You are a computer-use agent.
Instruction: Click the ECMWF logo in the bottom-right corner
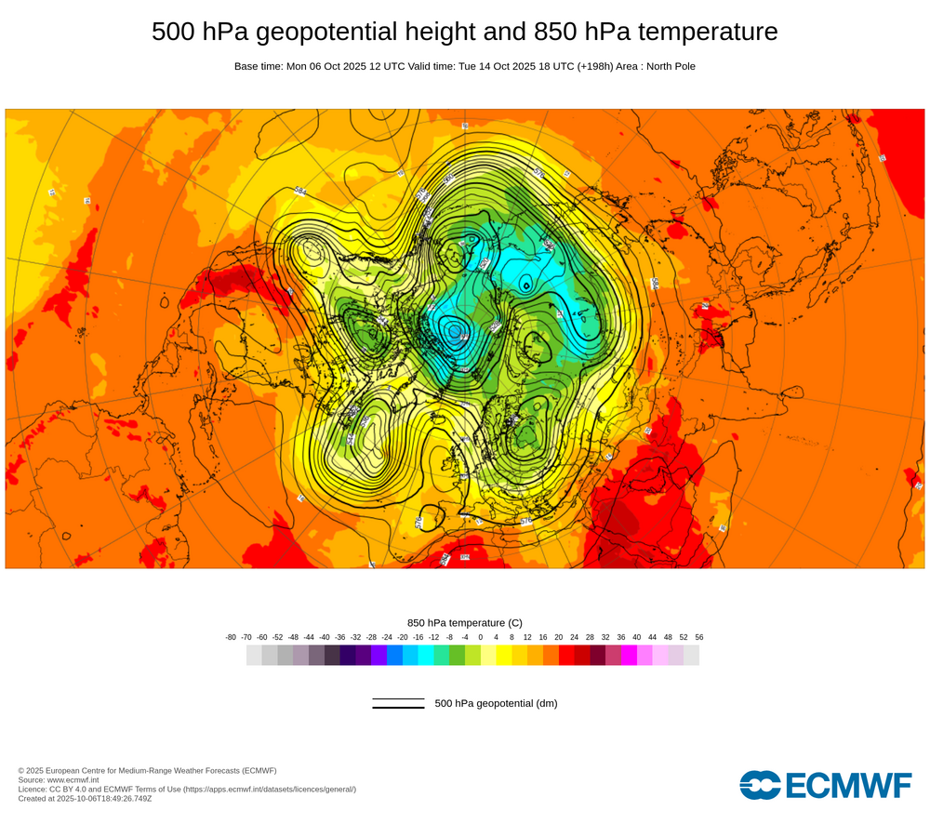[826, 785]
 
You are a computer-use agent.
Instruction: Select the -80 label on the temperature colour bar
[231, 637]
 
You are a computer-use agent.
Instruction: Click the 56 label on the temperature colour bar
[698, 637]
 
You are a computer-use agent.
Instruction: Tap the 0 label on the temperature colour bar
[480, 637]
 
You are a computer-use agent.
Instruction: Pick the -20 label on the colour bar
[402, 637]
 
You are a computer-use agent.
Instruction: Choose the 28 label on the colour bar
[590, 637]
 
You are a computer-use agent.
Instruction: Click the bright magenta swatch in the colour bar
[629, 656]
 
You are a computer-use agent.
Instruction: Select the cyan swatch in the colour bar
[425, 656]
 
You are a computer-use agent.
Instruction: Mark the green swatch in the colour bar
[457, 656]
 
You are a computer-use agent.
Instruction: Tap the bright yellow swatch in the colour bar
[503, 656]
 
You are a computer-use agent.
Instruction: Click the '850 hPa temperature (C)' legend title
[465, 622]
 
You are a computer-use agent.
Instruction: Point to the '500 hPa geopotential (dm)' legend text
[496, 703]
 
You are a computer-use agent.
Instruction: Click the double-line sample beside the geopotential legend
[398, 703]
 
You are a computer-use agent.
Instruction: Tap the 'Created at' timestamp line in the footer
[85, 798]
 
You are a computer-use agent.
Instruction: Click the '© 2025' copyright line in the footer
[147, 770]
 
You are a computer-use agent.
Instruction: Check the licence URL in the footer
[269, 789]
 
